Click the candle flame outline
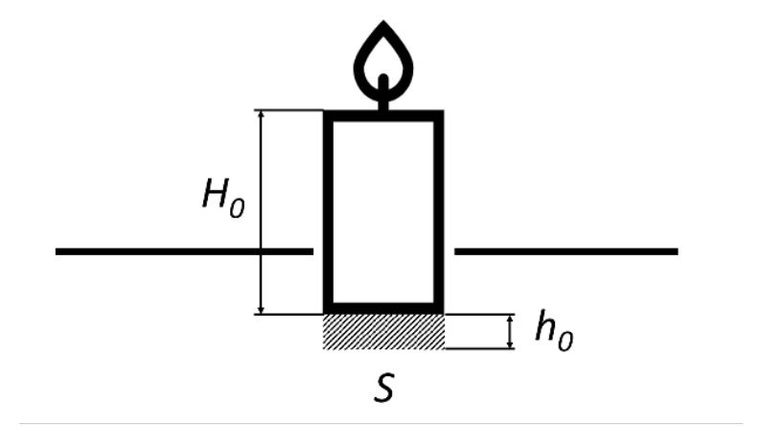click(x=357, y=68)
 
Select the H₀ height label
click(x=223, y=198)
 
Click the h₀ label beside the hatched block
click(x=554, y=330)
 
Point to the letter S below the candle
click(x=384, y=387)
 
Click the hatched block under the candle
click(x=383, y=332)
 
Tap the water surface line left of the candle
click(x=184, y=251)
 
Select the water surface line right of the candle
click(x=566, y=251)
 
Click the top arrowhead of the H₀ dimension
click(x=261, y=114)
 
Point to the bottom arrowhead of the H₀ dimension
click(x=261, y=310)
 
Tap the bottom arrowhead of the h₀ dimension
click(x=510, y=344)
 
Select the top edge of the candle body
click(x=383, y=116)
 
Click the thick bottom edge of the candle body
click(x=383, y=308)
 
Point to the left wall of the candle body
click(x=328, y=212)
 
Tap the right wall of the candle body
click(x=439, y=212)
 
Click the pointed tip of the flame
click(x=383, y=21)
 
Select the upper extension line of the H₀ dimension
click(x=289, y=110)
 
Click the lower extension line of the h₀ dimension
click(x=479, y=348)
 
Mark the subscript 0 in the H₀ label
click(x=237, y=208)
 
